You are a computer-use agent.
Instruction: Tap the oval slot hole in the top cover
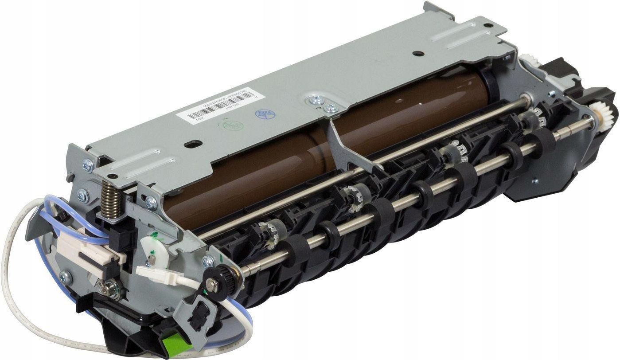pos(194,144)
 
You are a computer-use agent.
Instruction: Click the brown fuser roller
pos(275,164)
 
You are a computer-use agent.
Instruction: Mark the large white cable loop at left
pos(13,275)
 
